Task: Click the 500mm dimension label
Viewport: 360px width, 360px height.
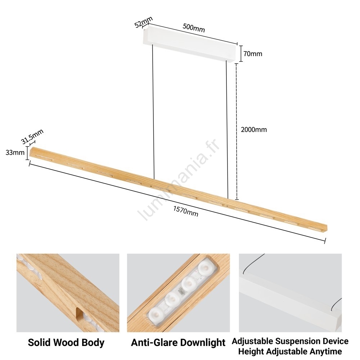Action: click(x=194, y=28)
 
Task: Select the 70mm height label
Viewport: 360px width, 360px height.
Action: click(x=253, y=54)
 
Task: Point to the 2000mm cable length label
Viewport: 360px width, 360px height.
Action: click(x=254, y=130)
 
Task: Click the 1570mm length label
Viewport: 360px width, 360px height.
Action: click(x=185, y=211)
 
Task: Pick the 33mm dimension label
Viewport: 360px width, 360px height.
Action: click(x=15, y=152)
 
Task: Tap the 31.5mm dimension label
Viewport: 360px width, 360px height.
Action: click(x=32, y=136)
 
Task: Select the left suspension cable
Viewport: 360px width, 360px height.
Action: click(x=153, y=111)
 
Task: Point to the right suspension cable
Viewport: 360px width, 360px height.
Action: click(x=227, y=130)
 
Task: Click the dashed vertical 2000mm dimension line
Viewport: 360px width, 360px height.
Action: click(x=237, y=131)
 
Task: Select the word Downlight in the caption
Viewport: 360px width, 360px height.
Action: click(x=202, y=343)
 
